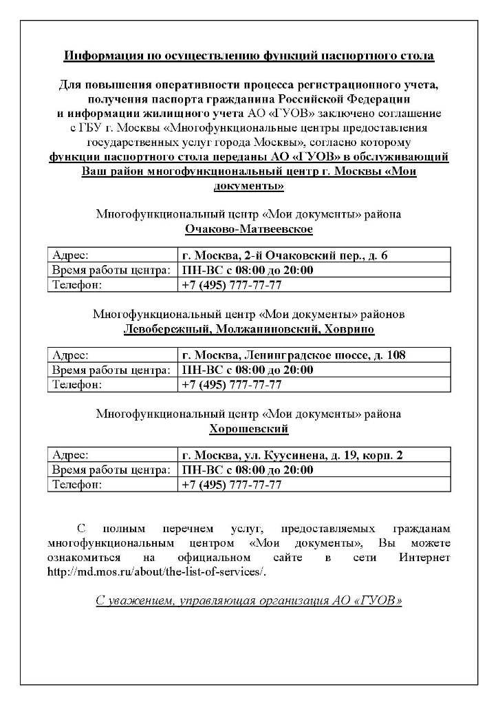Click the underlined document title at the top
[248, 56]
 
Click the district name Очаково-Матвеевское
[248, 229]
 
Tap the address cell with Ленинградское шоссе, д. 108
[292, 355]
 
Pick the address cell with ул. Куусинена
[292, 456]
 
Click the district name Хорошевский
[248, 429]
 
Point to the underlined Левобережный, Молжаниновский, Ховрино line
[248, 329]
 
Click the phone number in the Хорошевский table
[231, 485]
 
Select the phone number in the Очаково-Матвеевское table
[231, 284]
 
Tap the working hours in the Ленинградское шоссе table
[246, 370]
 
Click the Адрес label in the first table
[71, 255]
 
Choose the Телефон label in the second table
[77, 384]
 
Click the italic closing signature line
[248, 600]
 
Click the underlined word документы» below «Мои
[248, 186]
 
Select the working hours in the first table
[246, 270]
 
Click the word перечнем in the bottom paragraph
[184, 529]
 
